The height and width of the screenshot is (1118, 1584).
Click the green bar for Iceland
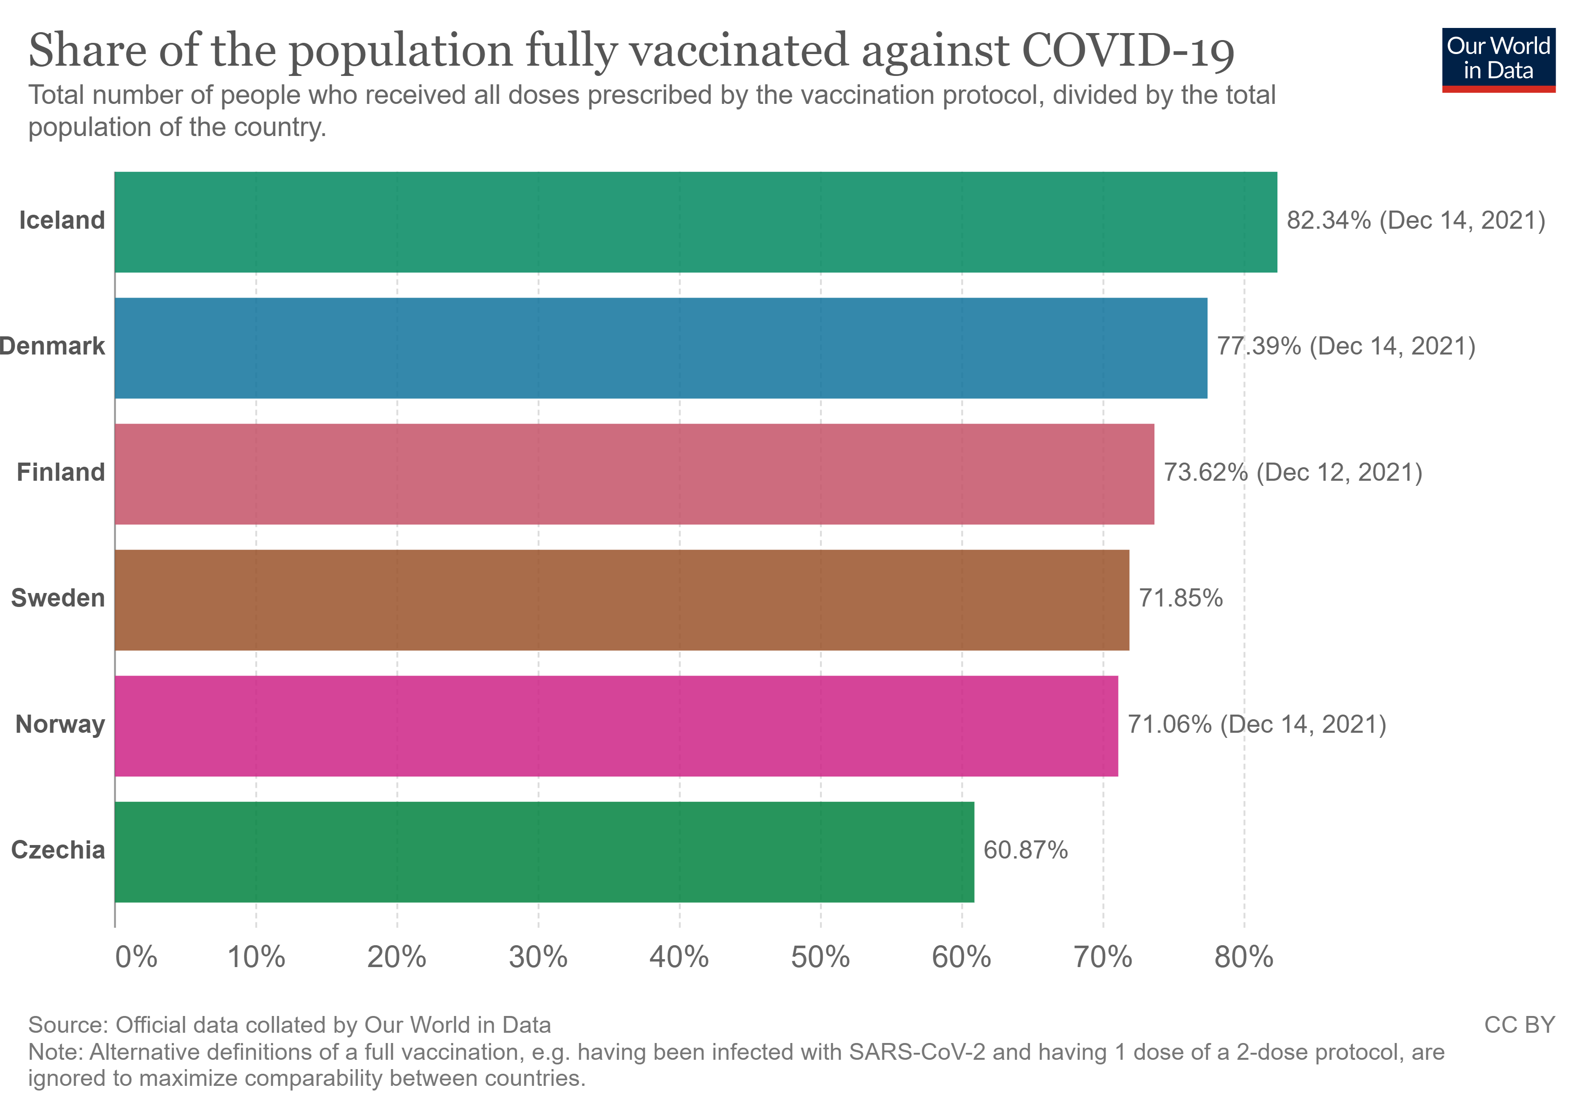tap(696, 222)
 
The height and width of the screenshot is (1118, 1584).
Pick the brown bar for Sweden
tap(621, 600)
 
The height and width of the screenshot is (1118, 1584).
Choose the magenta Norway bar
tap(616, 726)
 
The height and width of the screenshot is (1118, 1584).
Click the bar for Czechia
tap(544, 852)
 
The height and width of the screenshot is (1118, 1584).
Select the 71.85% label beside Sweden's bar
tap(1181, 598)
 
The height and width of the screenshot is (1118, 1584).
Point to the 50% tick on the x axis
tap(820, 957)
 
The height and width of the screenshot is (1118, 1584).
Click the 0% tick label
tap(136, 957)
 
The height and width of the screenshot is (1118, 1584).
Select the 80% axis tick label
tap(1244, 957)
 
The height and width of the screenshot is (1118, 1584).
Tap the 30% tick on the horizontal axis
tap(538, 957)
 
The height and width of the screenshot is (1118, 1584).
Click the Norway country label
tap(60, 724)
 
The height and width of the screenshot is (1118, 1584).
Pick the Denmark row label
tap(53, 346)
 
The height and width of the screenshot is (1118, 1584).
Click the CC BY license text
tap(1519, 1025)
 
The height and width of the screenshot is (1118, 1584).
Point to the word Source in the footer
tap(67, 1025)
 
